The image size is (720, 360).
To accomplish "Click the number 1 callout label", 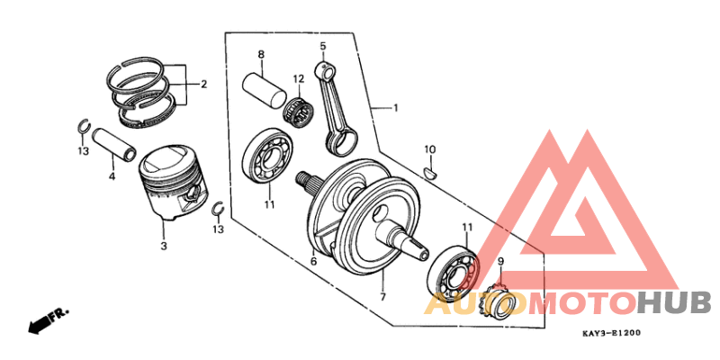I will point(394,108).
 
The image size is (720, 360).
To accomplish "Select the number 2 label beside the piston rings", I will point(203,85).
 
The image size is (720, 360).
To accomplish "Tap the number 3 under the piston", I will point(164,246).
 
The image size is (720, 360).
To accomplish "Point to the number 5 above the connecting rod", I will point(322,45).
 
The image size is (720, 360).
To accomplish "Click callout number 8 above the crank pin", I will point(261,55).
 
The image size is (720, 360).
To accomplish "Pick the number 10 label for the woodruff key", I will point(430,148).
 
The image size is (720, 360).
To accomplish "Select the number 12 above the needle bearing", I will point(299,78).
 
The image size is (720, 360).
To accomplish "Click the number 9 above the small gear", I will point(501,262).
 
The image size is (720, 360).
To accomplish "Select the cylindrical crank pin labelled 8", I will point(265,91).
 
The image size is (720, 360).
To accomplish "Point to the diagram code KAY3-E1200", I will point(611,334).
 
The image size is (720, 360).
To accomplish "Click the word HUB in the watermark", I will point(674,302).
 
